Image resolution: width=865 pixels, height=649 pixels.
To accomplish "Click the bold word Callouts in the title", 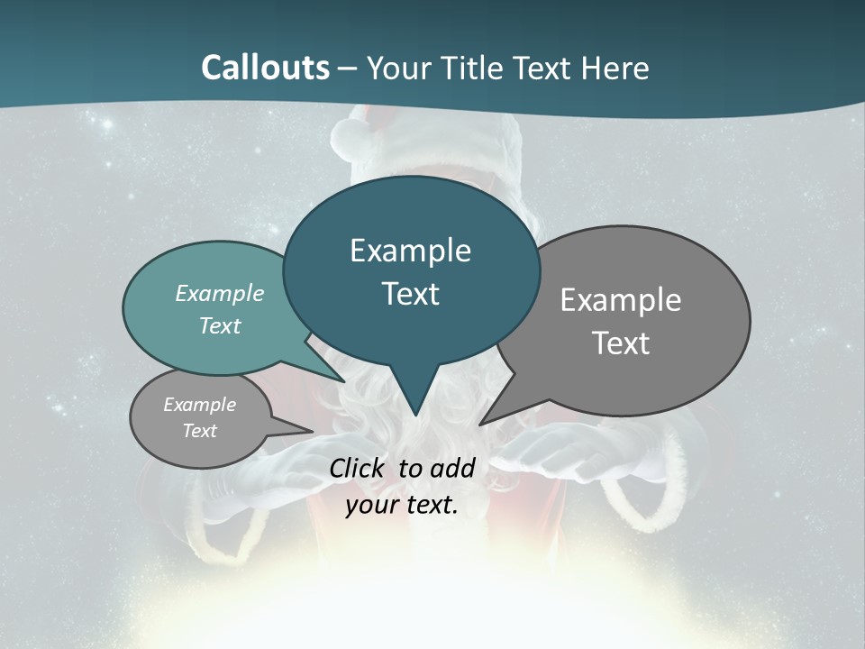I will click(x=265, y=68).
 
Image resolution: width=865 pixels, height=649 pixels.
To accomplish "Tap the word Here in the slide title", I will click(x=615, y=68).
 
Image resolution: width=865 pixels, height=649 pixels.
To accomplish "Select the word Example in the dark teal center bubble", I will click(x=410, y=251).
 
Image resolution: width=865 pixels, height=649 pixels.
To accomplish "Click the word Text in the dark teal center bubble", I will click(x=410, y=294).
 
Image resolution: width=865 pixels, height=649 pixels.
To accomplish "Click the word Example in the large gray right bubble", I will click(x=621, y=300).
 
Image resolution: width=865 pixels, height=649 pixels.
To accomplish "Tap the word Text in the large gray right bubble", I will click(x=621, y=343).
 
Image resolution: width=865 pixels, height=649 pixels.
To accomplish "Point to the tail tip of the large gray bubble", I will click(x=481, y=423).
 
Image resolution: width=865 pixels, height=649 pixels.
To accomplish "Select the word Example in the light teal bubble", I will click(x=220, y=294).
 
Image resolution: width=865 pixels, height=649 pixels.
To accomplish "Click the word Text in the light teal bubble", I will click(x=220, y=326).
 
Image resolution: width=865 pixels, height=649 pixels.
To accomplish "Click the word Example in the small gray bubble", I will click(x=199, y=405).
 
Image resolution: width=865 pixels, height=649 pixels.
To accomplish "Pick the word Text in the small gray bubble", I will click(x=199, y=431).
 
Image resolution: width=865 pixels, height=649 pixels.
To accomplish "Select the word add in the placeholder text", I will click(x=452, y=468).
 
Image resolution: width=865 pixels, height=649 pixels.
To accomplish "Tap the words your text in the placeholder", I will click(x=402, y=505).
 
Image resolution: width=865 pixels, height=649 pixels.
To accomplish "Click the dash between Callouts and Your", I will click(x=348, y=68).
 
